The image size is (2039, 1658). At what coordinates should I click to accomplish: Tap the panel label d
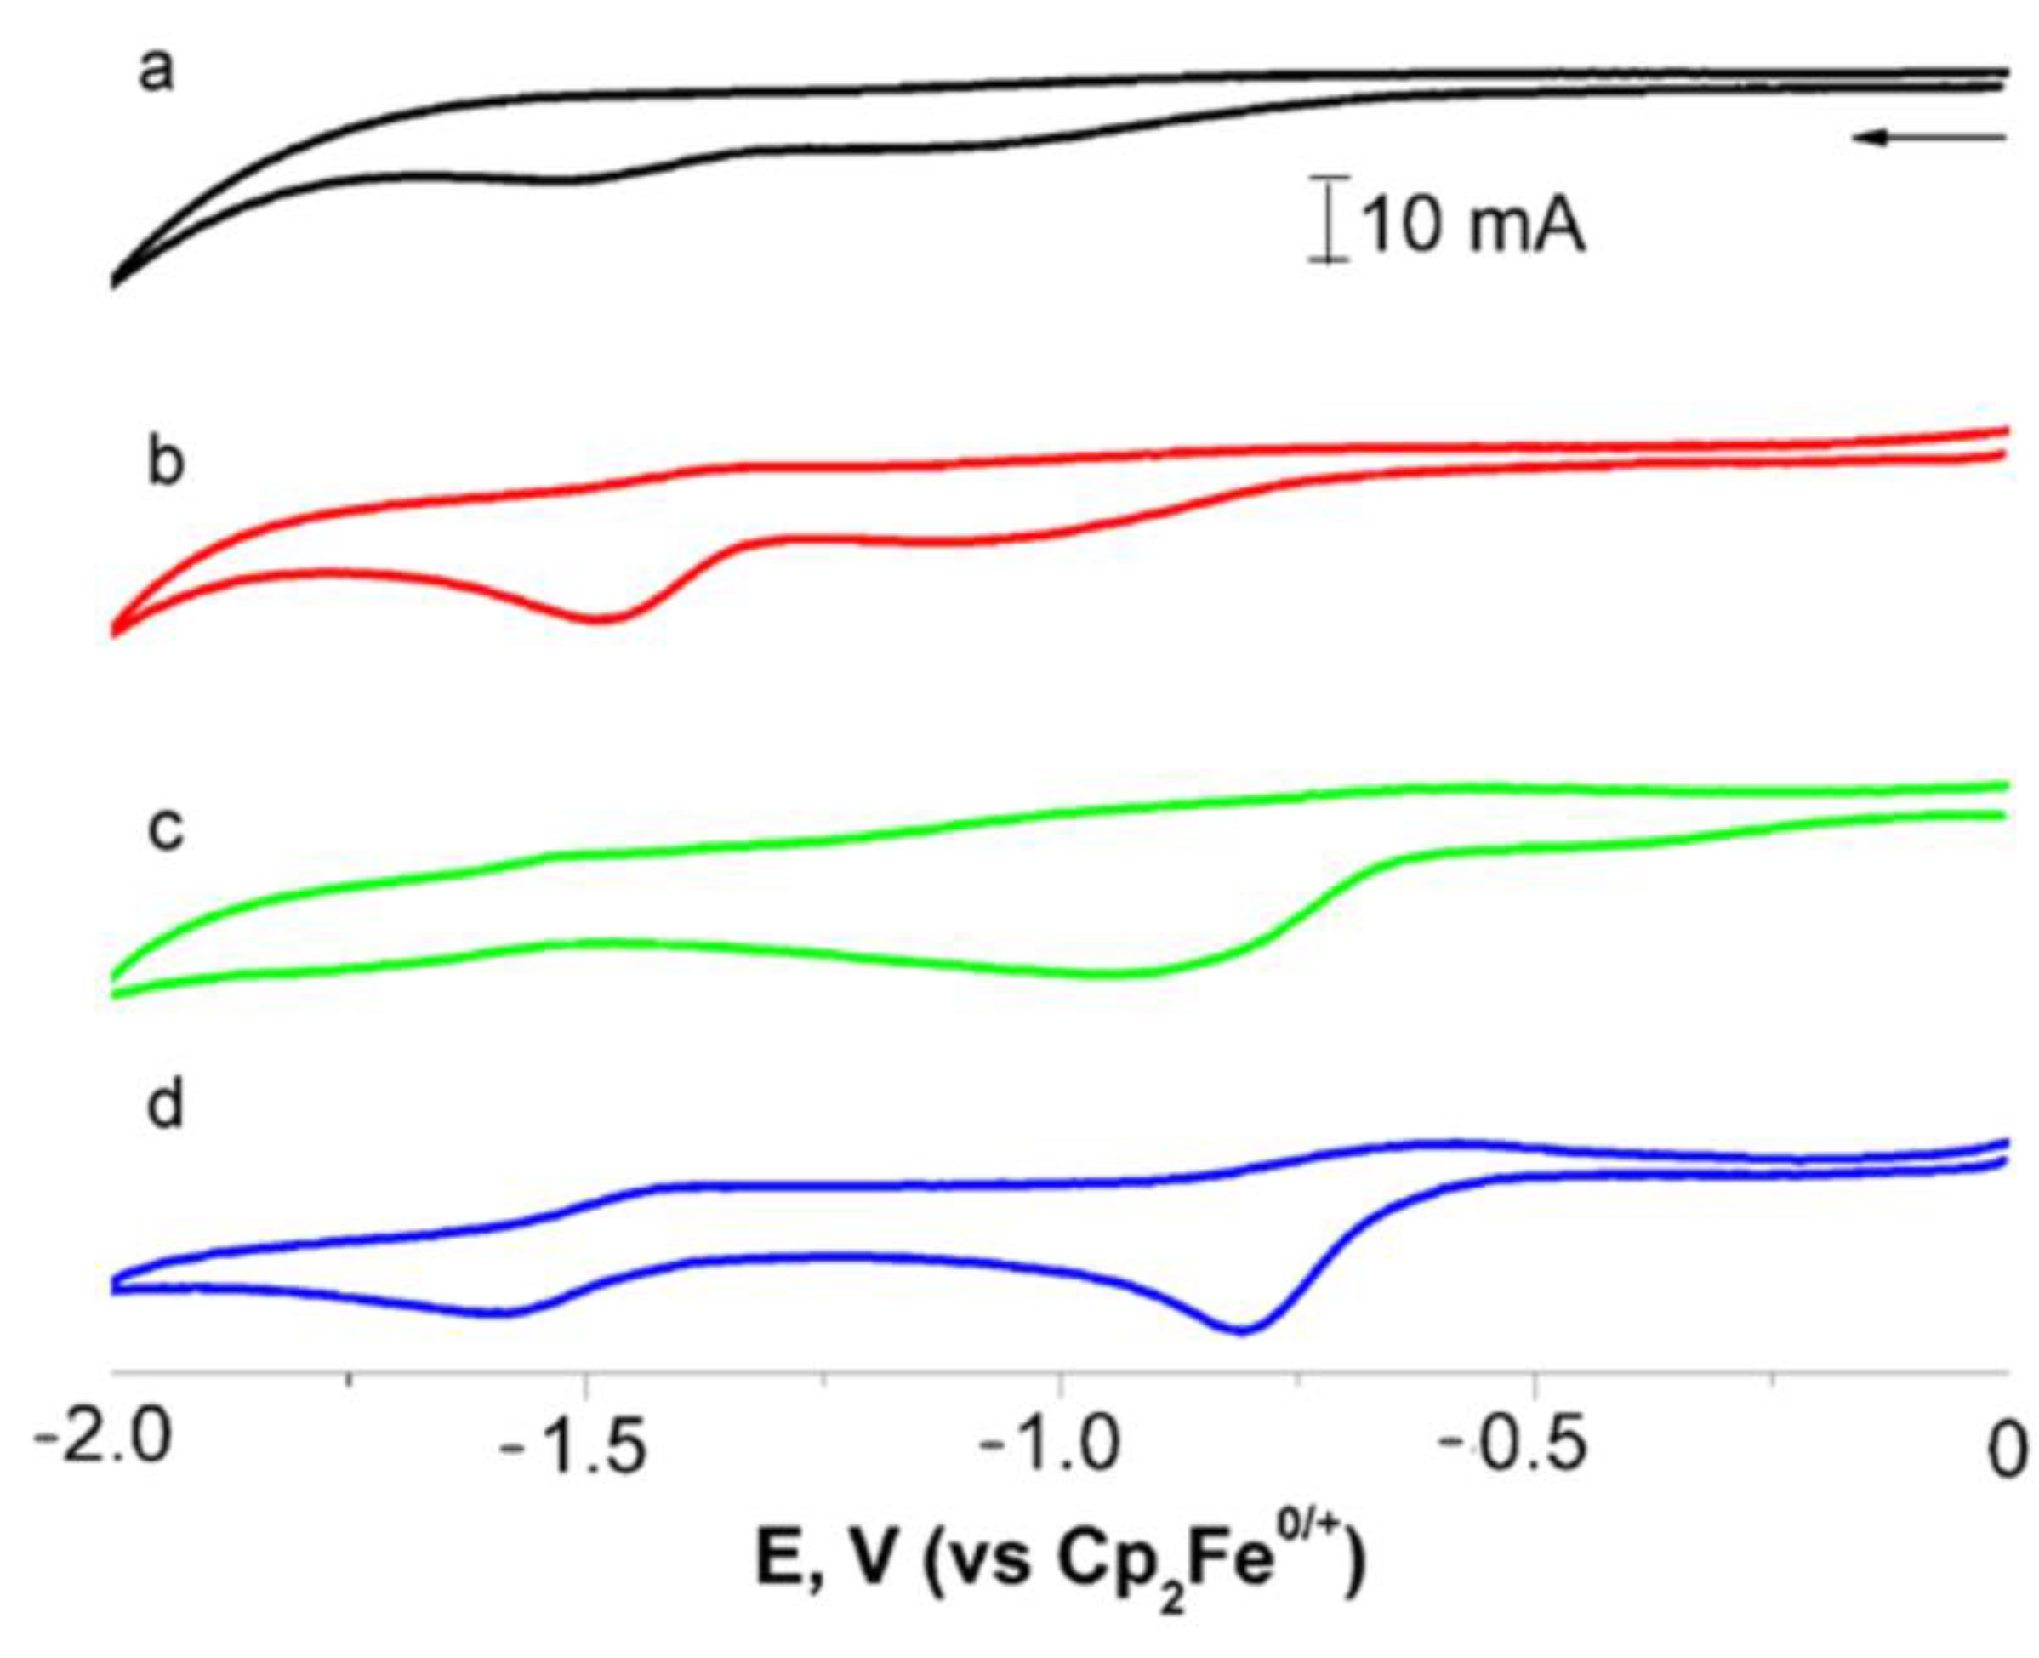click(x=165, y=1105)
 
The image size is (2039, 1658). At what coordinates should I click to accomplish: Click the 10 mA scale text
click(x=1471, y=227)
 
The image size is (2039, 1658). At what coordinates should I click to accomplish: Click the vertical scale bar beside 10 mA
click(x=1329, y=219)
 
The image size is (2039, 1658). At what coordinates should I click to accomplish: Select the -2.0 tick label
click(x=103, y=1442)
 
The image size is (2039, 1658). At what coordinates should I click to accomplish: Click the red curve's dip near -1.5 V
click(x=600, y=620)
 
